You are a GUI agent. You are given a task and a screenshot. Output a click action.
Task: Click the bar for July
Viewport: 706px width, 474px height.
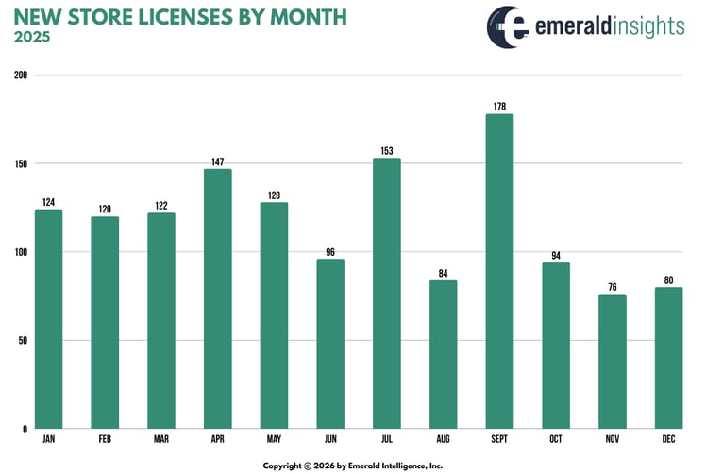[x=387, y=293]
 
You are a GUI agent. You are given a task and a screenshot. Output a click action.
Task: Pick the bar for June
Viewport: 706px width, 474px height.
[x=330, y=344]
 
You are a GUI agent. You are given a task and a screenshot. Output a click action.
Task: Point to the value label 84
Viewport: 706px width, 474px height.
[x=443, y=273]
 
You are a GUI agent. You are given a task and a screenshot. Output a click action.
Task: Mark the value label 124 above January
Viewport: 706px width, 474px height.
[x=48, y=202]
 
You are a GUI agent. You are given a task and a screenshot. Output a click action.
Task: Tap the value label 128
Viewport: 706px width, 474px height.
[x=274, y=195]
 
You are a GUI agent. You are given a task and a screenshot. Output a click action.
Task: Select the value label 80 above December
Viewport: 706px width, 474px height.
[x=668, y=279]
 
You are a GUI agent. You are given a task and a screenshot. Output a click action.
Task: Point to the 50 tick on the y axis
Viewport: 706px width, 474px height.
[x=23, y=341]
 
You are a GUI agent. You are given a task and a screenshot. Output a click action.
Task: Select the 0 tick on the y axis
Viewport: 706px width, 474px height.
[x=25, y=430]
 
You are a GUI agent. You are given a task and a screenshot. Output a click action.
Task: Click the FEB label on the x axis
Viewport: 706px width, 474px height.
[x=105, y=440]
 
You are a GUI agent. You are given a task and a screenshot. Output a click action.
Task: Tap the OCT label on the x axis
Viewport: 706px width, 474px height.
[x=556, y=440]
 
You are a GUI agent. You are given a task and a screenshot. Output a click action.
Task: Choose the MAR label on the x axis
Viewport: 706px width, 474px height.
[x=160, y=440]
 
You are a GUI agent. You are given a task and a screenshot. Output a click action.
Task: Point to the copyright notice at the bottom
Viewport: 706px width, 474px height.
[x=352, y=465]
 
